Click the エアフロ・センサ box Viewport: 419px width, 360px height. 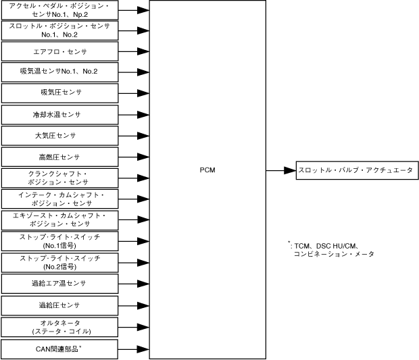[x=59, y=51]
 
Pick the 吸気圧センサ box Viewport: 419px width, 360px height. [x=59, y=92]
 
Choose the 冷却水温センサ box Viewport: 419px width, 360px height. [x=59, y=113]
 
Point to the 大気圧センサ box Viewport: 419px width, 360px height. [x=59, y=135]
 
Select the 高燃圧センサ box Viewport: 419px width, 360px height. [x=59, y=157]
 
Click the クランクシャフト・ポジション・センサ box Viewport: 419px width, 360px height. [x=59, y=178]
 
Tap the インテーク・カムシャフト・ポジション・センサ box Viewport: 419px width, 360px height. [x=59, y=199]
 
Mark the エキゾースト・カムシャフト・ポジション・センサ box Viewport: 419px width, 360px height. [x=59, y=220]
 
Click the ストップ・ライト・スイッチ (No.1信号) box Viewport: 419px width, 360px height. [x=59, y=240]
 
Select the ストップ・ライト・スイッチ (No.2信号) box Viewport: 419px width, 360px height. [x=59, y=261]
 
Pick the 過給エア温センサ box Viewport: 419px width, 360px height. [x=59, y=282]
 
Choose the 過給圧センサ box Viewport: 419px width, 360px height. [x=59, y=305]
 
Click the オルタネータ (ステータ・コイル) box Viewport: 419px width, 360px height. [x=59, y=327]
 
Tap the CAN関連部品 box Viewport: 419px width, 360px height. [x=59, y=349]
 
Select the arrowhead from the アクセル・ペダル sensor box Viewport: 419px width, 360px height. [x=143, y=10]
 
